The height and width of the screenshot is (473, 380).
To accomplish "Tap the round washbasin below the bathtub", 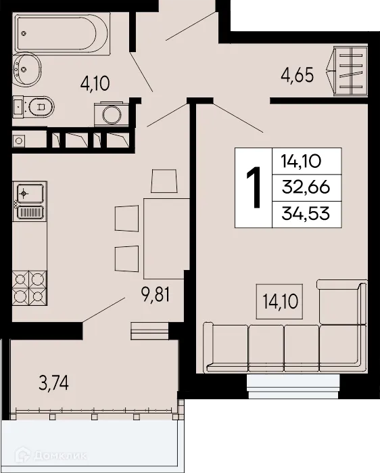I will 26,67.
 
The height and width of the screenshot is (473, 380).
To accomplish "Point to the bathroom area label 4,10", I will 95,84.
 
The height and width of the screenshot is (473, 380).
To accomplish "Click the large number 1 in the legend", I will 254,187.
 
